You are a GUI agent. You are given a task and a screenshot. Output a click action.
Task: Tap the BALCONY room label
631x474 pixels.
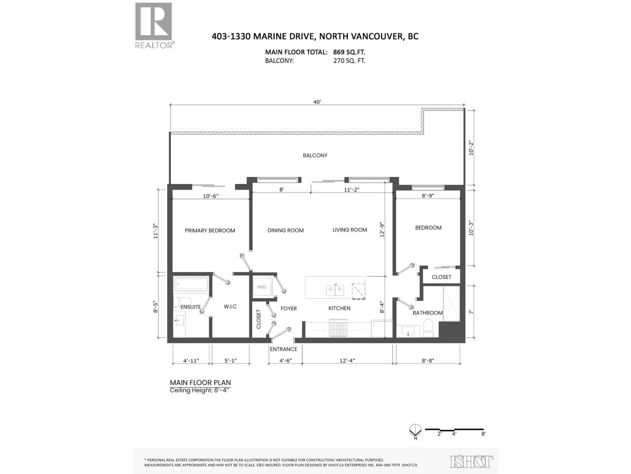tap(315, 155)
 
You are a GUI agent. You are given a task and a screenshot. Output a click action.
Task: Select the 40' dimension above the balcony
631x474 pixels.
tap(317, 102)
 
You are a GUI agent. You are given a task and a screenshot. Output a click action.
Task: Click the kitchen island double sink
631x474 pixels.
tap(335, 290)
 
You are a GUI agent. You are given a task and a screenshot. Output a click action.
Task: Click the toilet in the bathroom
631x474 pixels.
tap(428, 328)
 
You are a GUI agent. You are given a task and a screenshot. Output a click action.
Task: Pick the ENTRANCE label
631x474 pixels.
tap(284, 349)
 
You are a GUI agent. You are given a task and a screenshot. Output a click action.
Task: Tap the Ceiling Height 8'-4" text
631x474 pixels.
tap(200, 390)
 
